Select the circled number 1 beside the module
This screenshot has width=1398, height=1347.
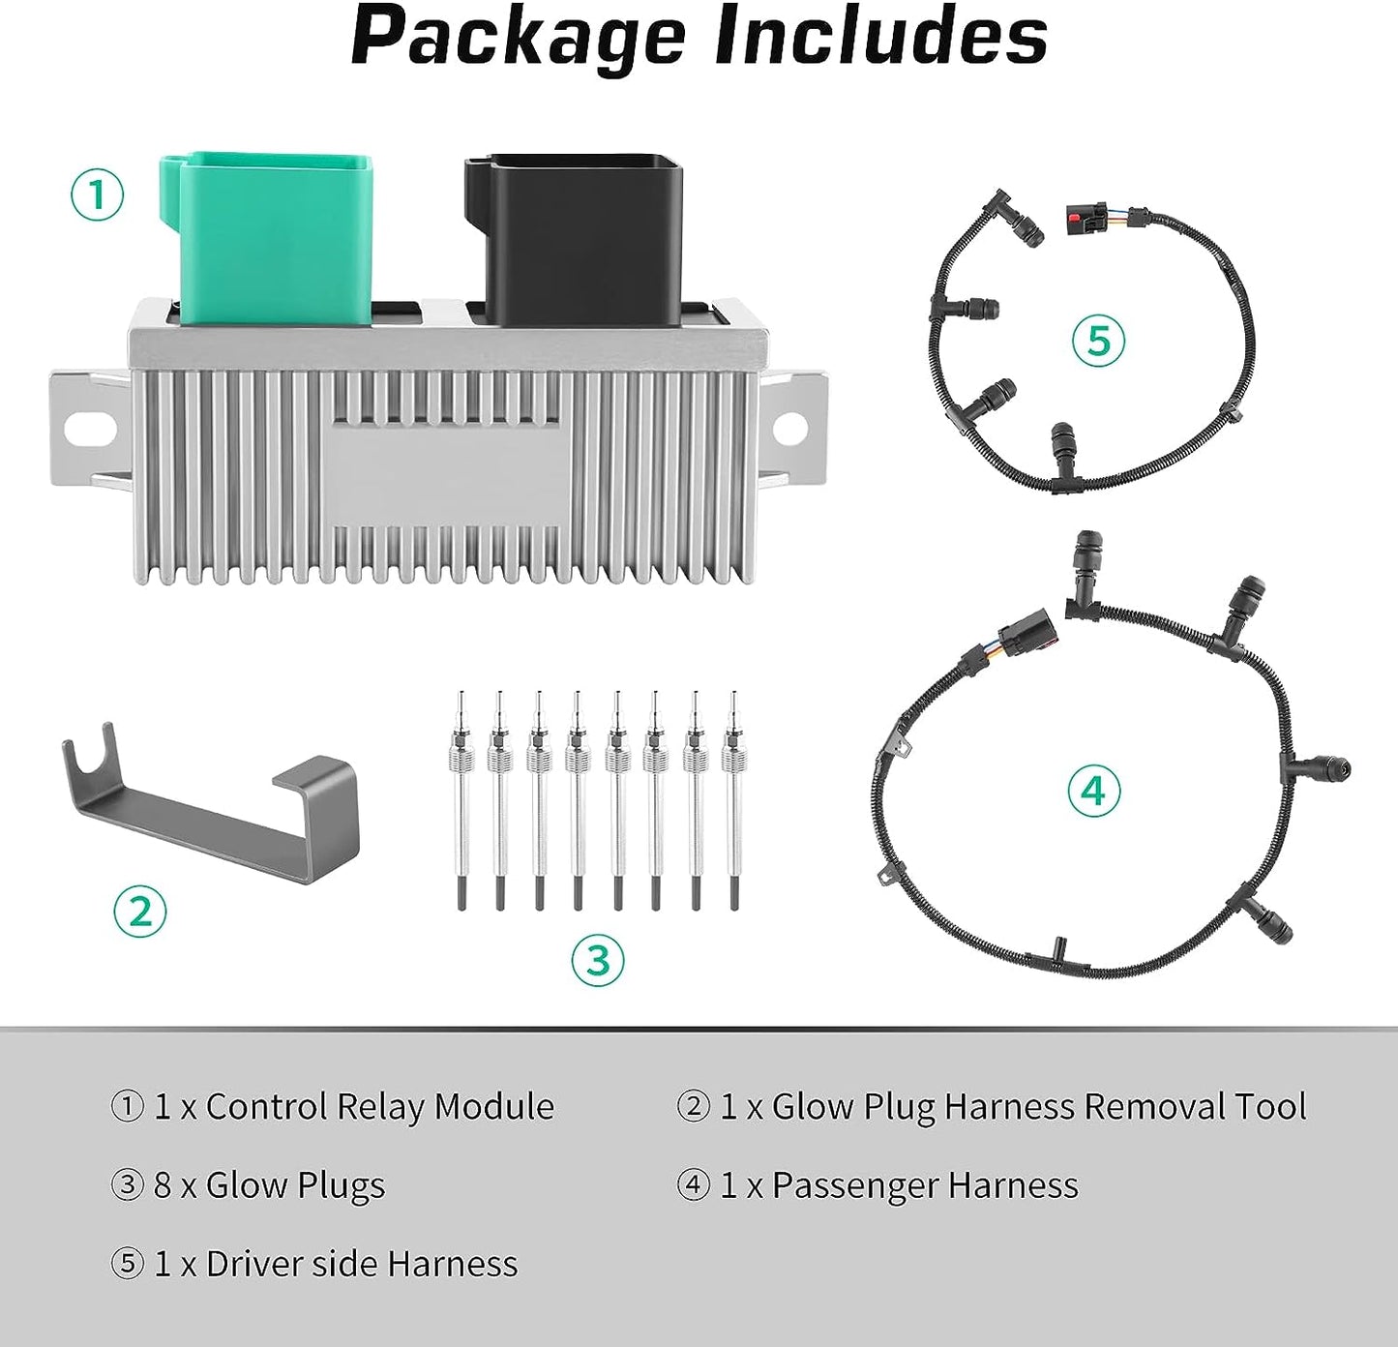tap(98, 194)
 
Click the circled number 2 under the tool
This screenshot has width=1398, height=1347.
tap(140, 911)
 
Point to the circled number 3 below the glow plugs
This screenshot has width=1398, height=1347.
tap(598, 961)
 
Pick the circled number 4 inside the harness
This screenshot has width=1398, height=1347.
tap(1093, 791)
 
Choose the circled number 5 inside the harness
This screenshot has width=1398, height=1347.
tap(1098, 341)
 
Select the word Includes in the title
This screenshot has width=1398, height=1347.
tap(871, 37)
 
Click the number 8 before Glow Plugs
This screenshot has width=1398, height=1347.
tap(163, 1185)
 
